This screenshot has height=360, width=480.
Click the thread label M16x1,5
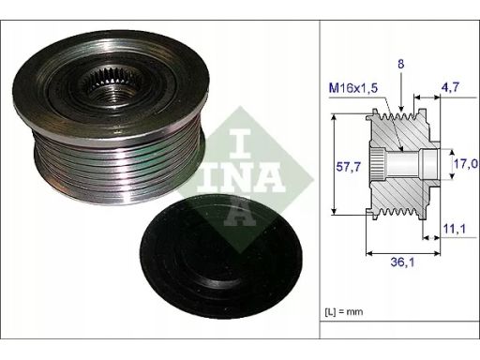pyautogui.click(x=353, y=88)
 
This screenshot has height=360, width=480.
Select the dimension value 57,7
pyautogui.click(x=348, y=167)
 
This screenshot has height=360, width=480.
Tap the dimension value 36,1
pyautogui.click(x=402, y=262)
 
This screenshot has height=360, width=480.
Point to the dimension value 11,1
pyautogui.click(x=455, y=229)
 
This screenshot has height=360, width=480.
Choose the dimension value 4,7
pyautogui.click(x=450, y=87)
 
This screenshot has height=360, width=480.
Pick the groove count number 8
pyautogui.click(x=400, y=64)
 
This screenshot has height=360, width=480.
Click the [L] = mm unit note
pyautogui.click(x=344, y=311)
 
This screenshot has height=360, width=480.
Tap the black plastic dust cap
pyautogui.click(x=221, y=256)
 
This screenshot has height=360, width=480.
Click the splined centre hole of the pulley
pyautogui.click(x=110, y=86)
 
